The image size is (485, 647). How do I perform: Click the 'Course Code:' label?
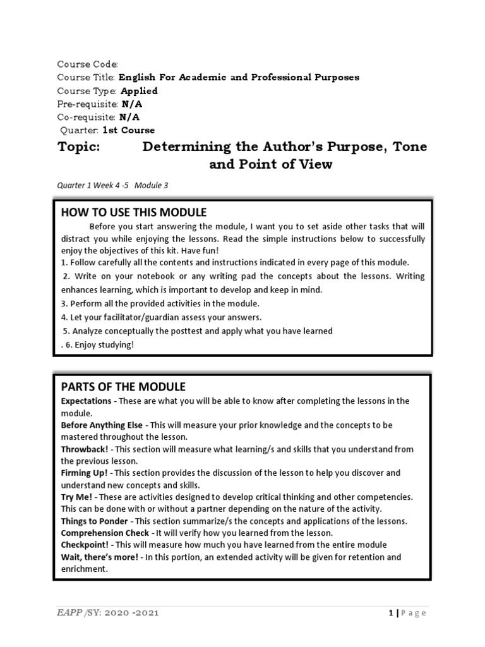click(x=88, y=64)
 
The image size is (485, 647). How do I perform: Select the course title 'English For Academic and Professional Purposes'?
click(x=239, y=78)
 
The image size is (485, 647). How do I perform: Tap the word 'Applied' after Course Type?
click(x=139, y=91)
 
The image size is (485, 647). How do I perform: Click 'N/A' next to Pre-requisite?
click(x=131, y=104)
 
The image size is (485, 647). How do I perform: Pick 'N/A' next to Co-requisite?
click(x=129, y=118)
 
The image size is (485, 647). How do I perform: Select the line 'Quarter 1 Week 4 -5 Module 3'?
click(x=113, y=185)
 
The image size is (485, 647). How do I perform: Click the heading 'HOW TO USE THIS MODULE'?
click(x=134, y=212)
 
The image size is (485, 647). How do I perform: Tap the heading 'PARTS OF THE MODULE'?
click(x=123, y=387)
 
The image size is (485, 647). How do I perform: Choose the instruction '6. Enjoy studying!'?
click(x=100, y=344)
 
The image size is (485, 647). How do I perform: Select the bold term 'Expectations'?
click(x=86, y=401)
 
